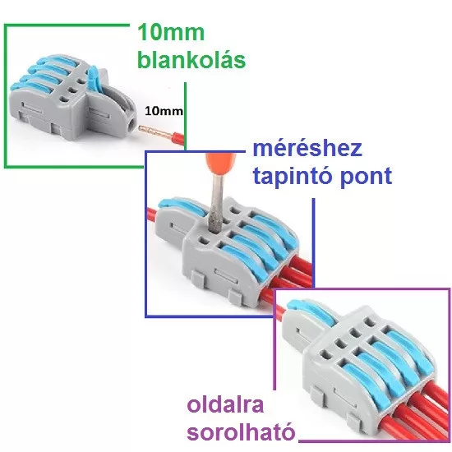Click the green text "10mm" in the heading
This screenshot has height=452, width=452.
171,32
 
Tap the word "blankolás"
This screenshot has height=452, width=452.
191,59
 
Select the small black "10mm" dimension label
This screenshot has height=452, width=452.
164,111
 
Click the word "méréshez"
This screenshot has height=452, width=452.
307,149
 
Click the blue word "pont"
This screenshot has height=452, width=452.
366,176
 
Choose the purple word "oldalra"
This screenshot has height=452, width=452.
225,404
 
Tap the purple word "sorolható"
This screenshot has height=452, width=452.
242,431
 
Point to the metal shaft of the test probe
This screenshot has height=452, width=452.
218,203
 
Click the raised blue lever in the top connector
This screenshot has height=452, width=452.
94,77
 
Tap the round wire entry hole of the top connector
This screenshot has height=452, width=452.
132,125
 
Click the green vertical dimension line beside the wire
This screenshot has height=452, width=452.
185,116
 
